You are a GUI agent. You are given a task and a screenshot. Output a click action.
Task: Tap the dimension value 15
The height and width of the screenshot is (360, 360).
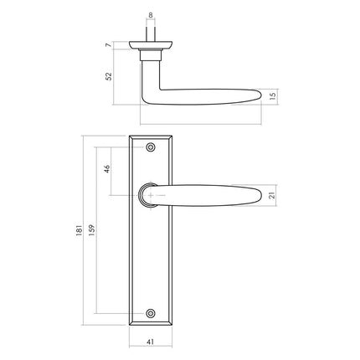click(x=273, y=96)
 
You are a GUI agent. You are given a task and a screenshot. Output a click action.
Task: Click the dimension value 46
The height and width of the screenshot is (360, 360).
click(x=106, y=170)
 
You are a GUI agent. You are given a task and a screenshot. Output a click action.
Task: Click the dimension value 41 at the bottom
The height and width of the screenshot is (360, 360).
click(x=151, y=341)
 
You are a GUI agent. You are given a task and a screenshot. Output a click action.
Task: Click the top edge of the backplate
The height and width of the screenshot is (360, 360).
click(x=151, y=134)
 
